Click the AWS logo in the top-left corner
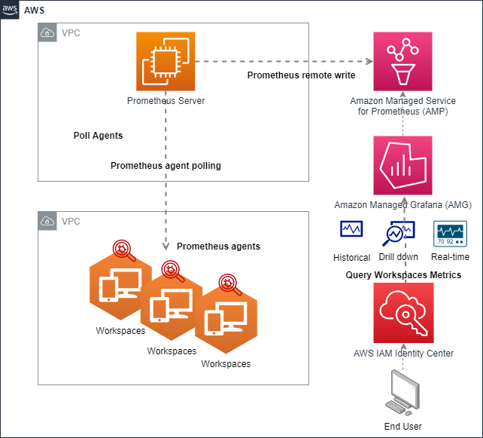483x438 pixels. pyautogui.click(x=10, y=10)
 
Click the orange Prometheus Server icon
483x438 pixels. pyautogui.click(x=166, y=60)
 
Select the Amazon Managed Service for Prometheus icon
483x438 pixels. pyautogui.click(x=402, y=60)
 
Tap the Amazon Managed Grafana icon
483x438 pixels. pyautogui.click(x=402, y=166)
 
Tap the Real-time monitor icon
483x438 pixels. pyautogui.click(x=451, y=233)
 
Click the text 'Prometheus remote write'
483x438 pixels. pyautogui.click(x=301, y=75)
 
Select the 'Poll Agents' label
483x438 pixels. pyautogui.click(x=98, y=136)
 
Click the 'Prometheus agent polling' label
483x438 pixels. pyautogui.click(x=166, y=166)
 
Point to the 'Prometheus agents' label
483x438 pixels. pyautogui.click(x=218, y=247)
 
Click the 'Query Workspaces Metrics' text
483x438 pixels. pyautogui.click(x=403, y=275)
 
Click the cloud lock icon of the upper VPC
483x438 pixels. pyautogui.click(x=48, y=33)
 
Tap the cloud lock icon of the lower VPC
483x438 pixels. pyautogui.click(x=48, y=222)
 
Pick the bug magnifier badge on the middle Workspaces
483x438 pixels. pyautogui.click(x=173, y=272)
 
